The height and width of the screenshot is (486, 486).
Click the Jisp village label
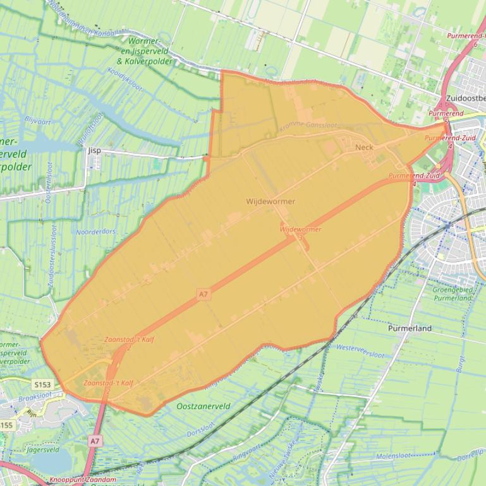pyautogui.click(x=95, y=151)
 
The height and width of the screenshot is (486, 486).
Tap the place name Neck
pyautogui.click(x=365, y=148)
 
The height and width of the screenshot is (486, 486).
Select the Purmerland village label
pyautogui.click(x=410, y=328)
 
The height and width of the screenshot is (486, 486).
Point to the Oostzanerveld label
pyautogui.click(x=204, y=406)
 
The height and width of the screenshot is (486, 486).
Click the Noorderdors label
pyautogui.click(x=95, y=232)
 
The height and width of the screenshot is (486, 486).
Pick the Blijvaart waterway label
pyautogui.click(x=37, y=119)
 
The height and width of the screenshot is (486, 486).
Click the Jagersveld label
pyautogui.click(x=43, y=450)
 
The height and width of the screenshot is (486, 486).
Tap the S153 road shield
pyautogui.click(x=42, y=384)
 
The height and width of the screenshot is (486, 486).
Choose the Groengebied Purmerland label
pyautogui.click(x=453, y=293)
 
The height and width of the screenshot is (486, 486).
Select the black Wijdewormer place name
pyautogui.click(x=270, y=201)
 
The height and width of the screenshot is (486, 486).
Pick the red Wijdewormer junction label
pyautogui.click(x=300, y=230)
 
